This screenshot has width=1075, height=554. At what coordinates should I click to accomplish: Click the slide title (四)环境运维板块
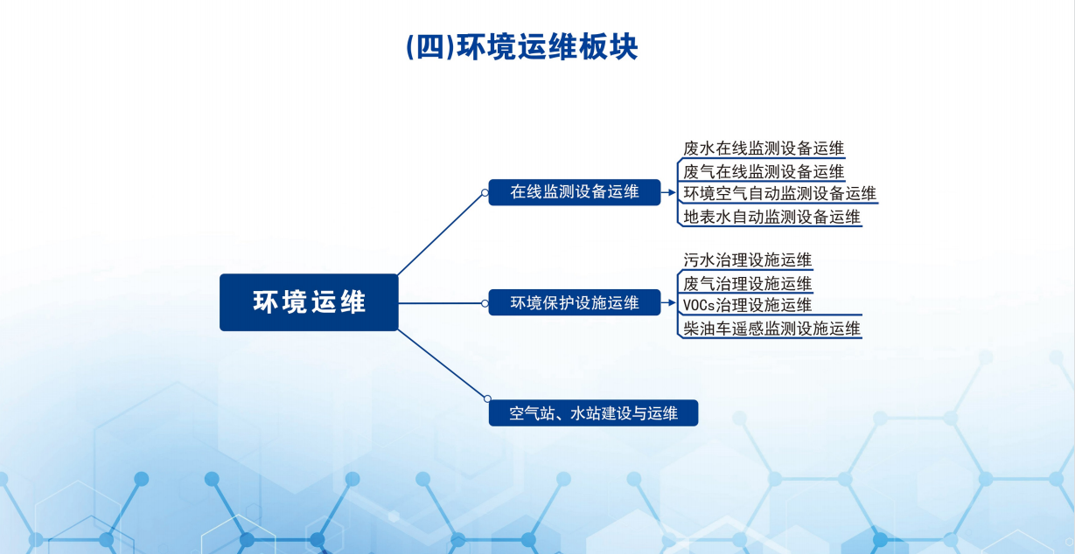(x=521, y=47)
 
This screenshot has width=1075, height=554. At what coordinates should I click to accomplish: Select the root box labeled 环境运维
(x=309, y=302)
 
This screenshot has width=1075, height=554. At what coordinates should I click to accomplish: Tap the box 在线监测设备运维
(x=575, y=192)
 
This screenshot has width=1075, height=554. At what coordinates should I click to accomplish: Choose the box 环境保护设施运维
(x=575, y=302)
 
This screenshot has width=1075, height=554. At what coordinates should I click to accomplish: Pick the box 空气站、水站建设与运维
(x=593, y=412)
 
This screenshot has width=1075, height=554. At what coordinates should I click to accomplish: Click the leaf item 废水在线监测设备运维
(x=764, y=148)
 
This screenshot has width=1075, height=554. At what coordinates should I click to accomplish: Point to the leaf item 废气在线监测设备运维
(x=764, y=171)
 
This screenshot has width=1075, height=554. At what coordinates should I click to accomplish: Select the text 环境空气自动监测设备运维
(x=780, y=193)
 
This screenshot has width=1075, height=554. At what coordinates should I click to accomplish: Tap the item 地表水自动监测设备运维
(x=771, y=217)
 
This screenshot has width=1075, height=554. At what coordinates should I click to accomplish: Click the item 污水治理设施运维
(x=747, y=260)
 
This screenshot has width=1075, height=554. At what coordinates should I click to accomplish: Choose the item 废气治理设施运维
(x=747, y=283)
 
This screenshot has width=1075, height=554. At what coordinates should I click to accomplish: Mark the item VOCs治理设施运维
(x=747, y=305)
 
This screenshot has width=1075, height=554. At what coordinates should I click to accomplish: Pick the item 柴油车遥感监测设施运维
(x=771, y=329)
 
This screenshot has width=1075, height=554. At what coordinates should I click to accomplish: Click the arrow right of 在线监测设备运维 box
(x=668, y=192)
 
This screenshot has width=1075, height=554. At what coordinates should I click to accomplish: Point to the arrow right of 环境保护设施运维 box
(x=668, y=302)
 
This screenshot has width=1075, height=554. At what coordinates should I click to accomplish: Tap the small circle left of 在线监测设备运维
(x=485, y=192)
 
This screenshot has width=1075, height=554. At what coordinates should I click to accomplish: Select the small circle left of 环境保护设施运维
(x=485, y=303)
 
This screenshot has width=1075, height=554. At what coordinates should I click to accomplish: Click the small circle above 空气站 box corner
(x=487, y=398)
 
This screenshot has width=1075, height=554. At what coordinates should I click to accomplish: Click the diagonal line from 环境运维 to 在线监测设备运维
(x=440, y=235)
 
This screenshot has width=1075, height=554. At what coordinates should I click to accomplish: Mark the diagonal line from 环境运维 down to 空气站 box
(x=442, y=364)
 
